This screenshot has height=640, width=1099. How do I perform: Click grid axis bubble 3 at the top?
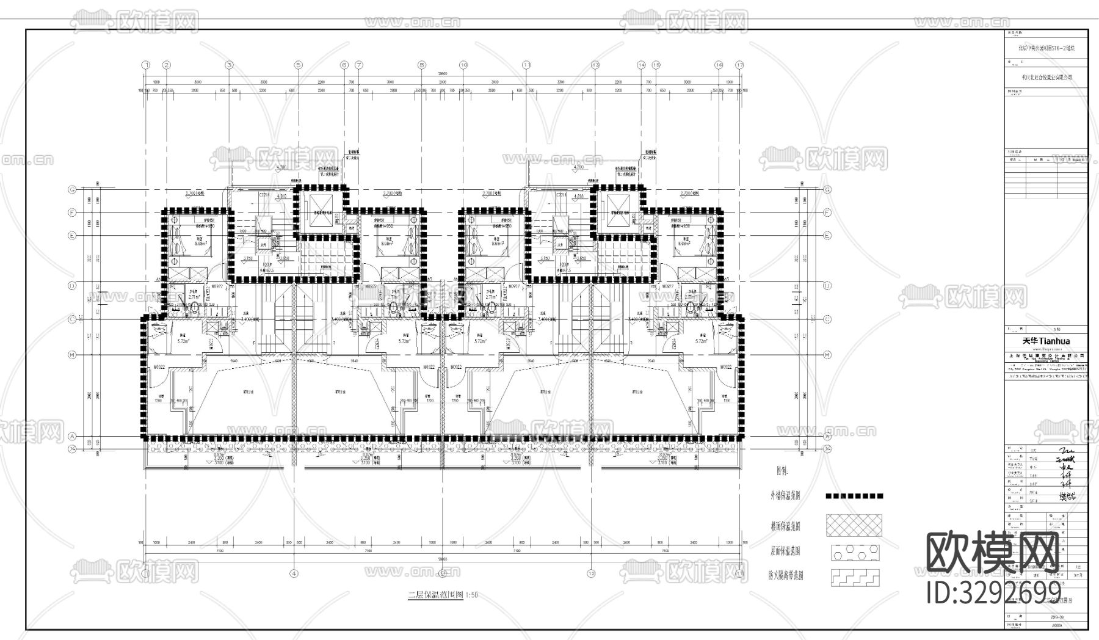point(229,65)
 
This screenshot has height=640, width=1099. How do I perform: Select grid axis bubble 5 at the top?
point(298,65)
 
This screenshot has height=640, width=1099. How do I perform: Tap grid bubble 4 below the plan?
point(294,573)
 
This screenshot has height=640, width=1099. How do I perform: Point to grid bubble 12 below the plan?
point(591,573)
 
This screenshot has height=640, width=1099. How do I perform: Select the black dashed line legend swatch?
point(854,496)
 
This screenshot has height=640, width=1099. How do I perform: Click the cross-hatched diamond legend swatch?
point(854,525)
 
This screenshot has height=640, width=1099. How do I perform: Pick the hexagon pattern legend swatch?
point(854,551)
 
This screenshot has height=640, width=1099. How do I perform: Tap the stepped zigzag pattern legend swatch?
point(854,577)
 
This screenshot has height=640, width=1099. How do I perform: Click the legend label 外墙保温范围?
point(786,496)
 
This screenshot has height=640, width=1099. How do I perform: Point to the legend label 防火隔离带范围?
point(786,576)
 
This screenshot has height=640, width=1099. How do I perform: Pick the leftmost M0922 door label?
point(159,367)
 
